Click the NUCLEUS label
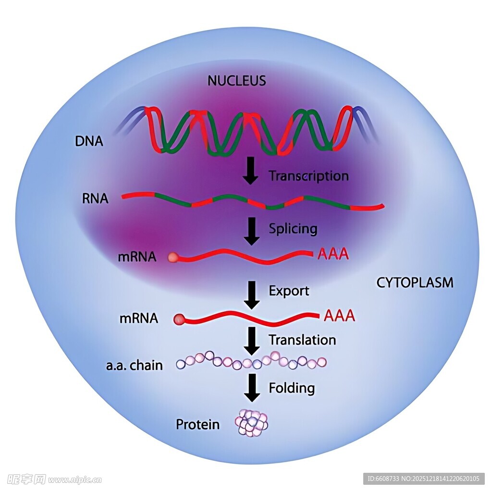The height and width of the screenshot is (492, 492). pos(236,80)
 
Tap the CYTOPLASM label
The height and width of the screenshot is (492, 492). pos(415,282)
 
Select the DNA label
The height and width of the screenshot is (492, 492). pos(89,141)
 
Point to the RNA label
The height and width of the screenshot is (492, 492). pos(95,198)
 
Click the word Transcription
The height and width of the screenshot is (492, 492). pos(308,176)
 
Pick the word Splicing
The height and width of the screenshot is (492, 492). pos(293,228)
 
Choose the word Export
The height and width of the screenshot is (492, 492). pos(289,291)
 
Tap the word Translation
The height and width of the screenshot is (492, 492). pos(302,340)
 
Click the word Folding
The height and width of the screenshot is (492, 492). pos(292,387)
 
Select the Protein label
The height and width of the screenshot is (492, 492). pos(197,424)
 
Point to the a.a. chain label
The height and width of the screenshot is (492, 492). pos(134,366)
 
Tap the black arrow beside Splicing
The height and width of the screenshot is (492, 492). pos(251,231)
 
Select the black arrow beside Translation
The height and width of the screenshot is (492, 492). pos(251,341)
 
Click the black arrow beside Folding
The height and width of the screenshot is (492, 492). pos(251,388)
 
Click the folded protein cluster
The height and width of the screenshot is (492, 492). pos(251,422)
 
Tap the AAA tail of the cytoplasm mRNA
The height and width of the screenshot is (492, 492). pos(339,316)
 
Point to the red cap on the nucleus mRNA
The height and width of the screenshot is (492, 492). pos(173,258)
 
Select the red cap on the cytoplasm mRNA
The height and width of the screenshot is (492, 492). pos(179,319)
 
